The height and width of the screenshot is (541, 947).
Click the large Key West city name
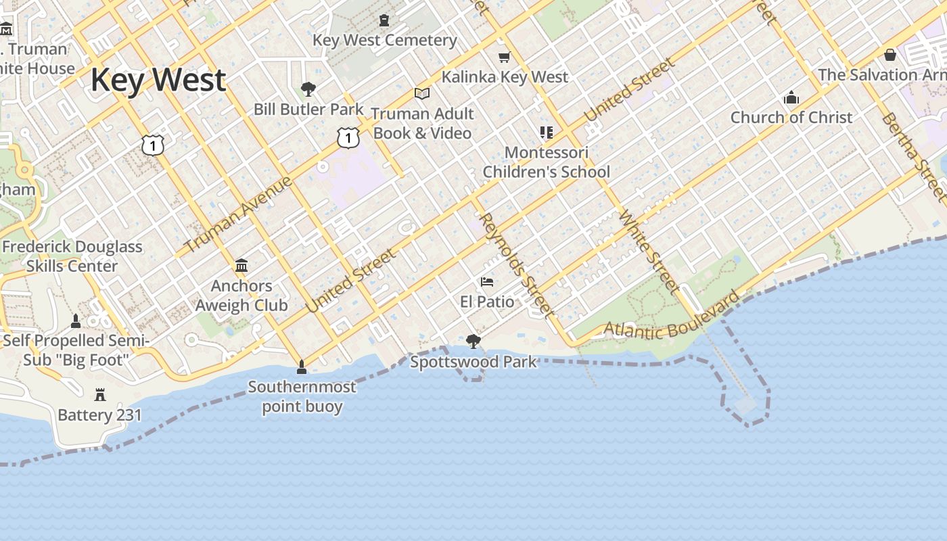[158, 80]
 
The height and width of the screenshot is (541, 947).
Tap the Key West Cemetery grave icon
[384, 20]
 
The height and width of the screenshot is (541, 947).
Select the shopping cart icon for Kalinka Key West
[504, 57]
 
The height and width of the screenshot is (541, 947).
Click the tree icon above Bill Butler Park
[308, 89]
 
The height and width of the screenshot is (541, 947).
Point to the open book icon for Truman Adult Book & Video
[422, 93]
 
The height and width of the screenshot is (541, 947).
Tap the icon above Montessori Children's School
[546, 132]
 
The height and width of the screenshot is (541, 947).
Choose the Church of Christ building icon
[791, 97]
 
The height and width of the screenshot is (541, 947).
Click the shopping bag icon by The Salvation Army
[890, 55]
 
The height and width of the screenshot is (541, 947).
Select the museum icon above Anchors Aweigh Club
[241, 265]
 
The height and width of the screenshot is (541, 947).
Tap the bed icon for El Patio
[487, 281]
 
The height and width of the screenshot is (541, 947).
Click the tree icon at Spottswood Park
[473, 342]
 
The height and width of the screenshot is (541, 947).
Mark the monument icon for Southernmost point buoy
[302, 367]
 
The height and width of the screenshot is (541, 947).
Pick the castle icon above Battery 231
[100, 394]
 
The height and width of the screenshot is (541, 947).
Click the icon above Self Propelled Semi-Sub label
[76, 321]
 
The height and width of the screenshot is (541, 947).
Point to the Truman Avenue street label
[237, 214]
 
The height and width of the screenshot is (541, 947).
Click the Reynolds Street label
[516, 264]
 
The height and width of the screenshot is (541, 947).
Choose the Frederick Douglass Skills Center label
[72, 256]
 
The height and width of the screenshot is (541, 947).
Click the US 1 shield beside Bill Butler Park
[348, 138]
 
